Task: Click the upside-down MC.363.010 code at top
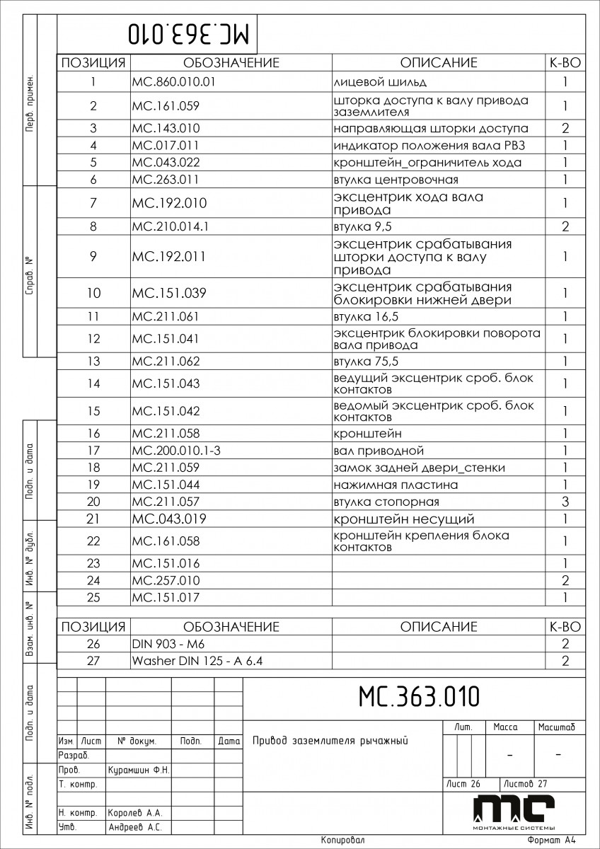pos(190,33)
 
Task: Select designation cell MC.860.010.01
pos(173,81)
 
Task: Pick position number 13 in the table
pos(93,362)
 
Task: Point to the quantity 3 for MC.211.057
pos(565,502)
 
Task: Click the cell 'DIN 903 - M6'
pos(163,644)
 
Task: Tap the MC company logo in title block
pos(514,811)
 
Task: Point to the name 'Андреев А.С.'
pos(135,826)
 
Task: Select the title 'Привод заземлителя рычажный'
pos(331,741)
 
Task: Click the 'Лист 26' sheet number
pos(463,783)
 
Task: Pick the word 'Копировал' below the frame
pos(342,841)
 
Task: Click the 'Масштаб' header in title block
pos(557,727)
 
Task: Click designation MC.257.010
pos(166,581)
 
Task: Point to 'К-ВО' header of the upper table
pos(565,63)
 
